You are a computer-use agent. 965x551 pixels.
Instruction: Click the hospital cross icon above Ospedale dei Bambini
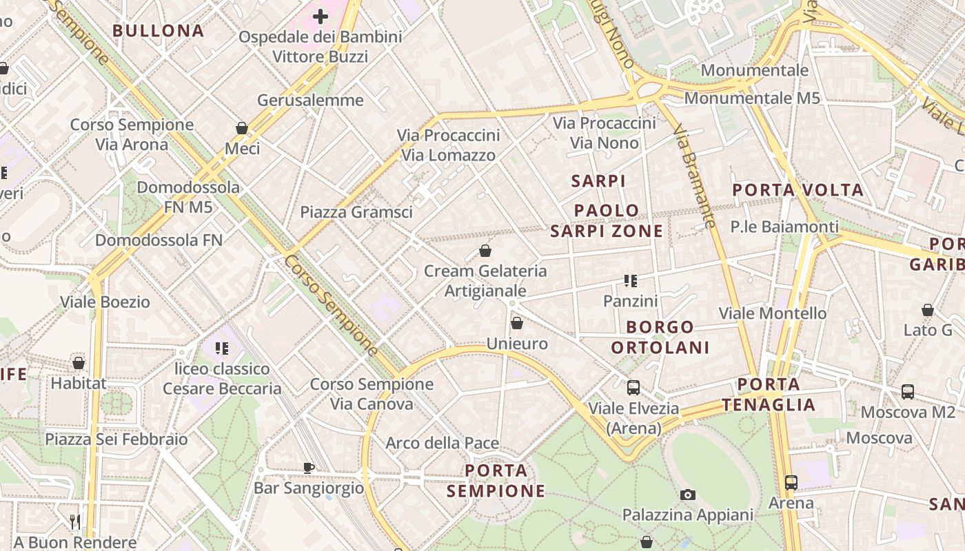(x=321, y=16)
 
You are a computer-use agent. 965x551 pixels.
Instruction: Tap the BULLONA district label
(x=159, y=31)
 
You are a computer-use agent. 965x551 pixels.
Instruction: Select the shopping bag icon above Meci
(x=242, y=128)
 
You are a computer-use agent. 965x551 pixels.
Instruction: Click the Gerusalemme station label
(x=310, y=101)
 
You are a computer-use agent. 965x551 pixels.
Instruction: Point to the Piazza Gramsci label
(x=356, y=212)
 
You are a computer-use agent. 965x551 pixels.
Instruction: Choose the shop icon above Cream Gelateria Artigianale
(x=485, y=251)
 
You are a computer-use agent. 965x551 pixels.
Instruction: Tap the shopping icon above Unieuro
(x=517, y=322)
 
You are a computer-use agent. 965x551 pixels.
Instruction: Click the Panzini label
(x=630, y=301)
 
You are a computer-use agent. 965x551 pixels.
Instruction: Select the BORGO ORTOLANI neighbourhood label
(x=660, y=337)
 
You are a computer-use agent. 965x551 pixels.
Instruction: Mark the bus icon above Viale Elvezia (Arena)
(x=633, y=388)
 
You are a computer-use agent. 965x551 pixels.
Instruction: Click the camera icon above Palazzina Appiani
(x=687, y=495)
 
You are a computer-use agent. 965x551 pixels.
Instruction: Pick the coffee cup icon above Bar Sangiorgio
(x=309, y=468)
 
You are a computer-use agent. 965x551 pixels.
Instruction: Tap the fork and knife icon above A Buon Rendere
(x=75, y=522)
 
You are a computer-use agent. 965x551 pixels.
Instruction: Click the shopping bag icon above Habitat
(x=79, y=362)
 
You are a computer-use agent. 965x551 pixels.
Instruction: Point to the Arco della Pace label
(x=442, y=443)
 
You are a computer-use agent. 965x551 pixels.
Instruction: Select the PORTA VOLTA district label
(x=798, y=190)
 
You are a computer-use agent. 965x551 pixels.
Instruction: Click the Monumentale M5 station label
(x=752, y=98)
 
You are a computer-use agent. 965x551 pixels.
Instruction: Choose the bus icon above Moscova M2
(x=908, y=392)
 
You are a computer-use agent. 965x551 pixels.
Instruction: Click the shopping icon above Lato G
(x=928, y=310)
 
